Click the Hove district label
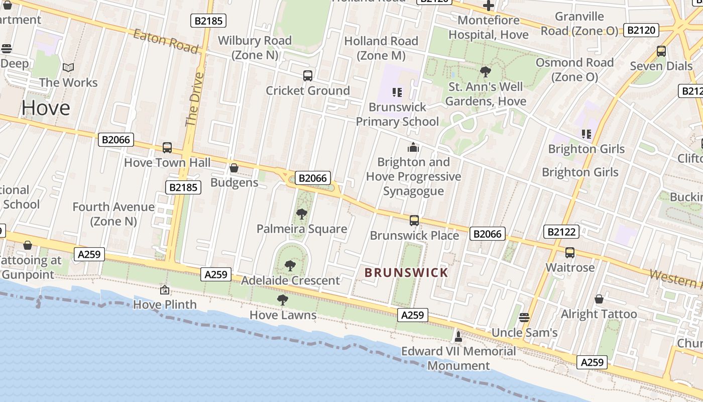point(45,108)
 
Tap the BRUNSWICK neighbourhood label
point(406,273)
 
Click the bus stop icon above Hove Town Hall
point(167,148)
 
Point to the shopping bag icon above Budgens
point(233,168)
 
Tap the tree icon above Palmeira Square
point(301,214)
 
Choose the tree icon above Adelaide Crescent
point(290,266)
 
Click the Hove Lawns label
point(283,315)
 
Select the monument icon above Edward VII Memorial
point(458,336)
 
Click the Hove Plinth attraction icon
point(164,290)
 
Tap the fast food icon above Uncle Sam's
point(524,318)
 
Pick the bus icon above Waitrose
point(570,253)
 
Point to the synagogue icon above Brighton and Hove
point(413,147)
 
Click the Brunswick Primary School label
point(397,114)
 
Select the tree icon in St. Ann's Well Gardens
point(485,72)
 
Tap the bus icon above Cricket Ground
point(308,76)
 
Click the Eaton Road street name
point(166,41)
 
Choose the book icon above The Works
point(68,67)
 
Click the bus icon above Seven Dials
point(661,51)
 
